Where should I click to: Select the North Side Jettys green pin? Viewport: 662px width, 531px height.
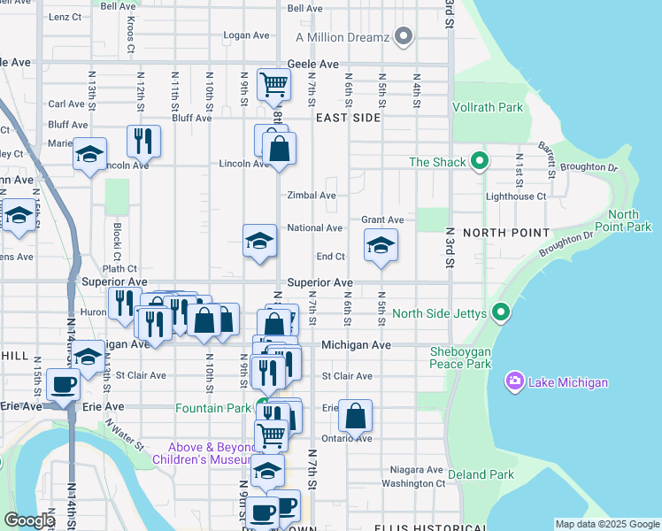[502, 312]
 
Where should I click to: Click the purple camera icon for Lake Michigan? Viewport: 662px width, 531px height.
[514, 381]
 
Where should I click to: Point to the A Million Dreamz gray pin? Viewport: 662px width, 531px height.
[404, 36]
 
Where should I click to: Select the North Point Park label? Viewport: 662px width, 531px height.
[628, 221]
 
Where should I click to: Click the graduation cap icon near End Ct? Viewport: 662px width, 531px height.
[381, 244]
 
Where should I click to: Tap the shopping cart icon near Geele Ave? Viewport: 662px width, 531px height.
[273, 85]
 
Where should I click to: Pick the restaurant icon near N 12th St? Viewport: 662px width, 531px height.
[142, 140]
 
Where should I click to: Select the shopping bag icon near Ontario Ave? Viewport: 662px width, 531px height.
[355, 416]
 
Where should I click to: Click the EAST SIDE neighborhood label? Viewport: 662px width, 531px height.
[335, 116]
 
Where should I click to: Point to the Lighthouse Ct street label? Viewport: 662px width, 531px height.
[516, 196]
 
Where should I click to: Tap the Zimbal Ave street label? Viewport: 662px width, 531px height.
[311, 196]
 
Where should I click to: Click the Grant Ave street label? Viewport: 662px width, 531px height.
[382, 219]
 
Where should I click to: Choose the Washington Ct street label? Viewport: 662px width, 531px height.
[413, 483]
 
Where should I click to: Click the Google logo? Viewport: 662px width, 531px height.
[30, 521]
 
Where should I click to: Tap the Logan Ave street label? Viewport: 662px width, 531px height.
[246, 35]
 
